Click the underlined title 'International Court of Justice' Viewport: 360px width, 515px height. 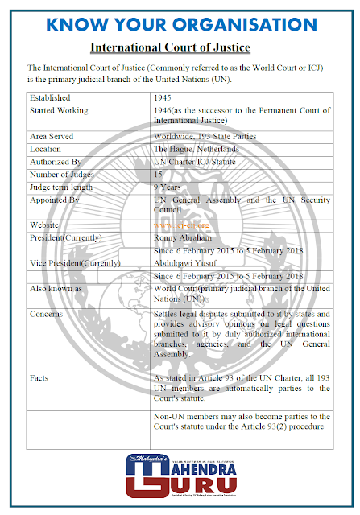pos(180,47)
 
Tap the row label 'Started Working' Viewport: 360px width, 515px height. pos(59,111)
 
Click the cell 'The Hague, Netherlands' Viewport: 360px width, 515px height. pos(197,150)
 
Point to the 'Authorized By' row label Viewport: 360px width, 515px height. pos(56,162)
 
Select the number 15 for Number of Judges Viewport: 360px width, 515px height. pos(159,175)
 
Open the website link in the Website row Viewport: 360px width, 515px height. pos(181,225)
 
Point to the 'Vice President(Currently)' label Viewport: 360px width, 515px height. pos(75,262)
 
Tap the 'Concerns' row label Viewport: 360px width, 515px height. pos(47,313)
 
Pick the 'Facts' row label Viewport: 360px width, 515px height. pos(40,377)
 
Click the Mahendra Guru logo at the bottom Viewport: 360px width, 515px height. pos(180,476)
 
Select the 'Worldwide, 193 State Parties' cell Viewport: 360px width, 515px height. pos(205,137)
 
